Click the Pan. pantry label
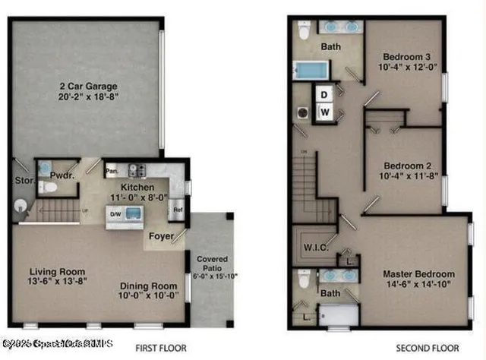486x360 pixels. (112, 170)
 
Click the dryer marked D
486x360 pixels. (323, 95)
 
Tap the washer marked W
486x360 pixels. (323, 112)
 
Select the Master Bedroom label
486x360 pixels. (418, 274)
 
